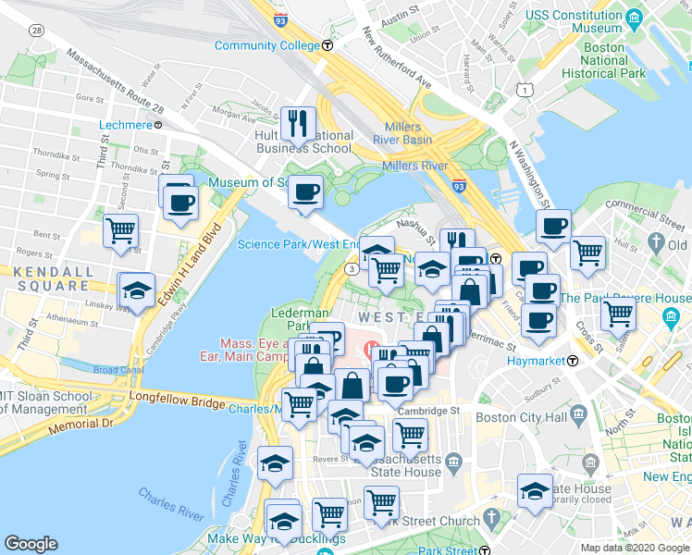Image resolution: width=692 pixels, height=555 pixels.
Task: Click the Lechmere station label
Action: click(x=125, y=125)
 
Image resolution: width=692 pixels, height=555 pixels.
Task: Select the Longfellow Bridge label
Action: click(x=179, y=403)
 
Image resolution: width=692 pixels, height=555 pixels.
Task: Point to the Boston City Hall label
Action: click(x=519, y=417)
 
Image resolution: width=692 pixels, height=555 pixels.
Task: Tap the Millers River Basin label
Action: click(x=402, y=133)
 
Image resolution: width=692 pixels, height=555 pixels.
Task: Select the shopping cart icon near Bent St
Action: click(x=120, y=230)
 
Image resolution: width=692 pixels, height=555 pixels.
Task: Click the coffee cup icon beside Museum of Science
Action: click(x=305, y=192)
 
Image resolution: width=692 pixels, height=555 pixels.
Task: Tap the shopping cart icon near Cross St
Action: click(x=587, y=252)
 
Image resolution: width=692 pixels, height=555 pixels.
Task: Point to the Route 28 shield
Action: click(x=36, y=31)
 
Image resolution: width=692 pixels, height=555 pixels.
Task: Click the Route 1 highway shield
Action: click(x=525, y=89)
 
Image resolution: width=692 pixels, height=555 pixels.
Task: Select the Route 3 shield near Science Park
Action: click(x=352, y=268)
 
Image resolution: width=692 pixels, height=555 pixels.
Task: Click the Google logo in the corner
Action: click(x=31, y=544)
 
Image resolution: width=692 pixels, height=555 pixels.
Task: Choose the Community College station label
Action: click(x=268, y=45)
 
